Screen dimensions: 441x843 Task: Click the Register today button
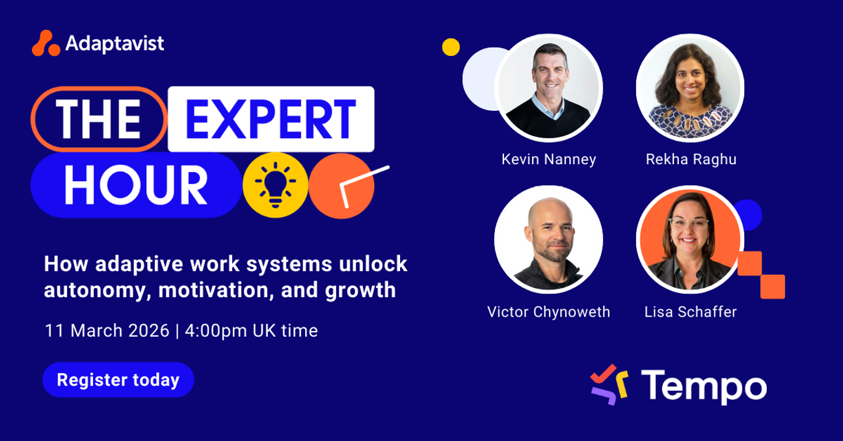tap(118, 380)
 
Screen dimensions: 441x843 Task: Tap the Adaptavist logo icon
tap(46, 44)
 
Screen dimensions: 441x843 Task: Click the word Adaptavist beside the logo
tap(114, 44)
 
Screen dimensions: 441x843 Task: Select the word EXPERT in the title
tap(271, 119)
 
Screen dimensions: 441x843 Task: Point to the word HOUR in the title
tap(136, 184)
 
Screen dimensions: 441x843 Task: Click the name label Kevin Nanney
tap(548, 160)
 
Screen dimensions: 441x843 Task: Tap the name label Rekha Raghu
tap(691, 160)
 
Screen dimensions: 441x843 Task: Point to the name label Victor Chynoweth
tap(548, 312)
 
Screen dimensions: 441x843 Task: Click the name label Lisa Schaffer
tap(690, 312)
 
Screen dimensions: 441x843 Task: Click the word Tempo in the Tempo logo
tap(703, 386)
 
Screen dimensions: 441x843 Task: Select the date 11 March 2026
tap(107, 330)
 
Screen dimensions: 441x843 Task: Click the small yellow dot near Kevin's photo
tap(451, 47)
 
